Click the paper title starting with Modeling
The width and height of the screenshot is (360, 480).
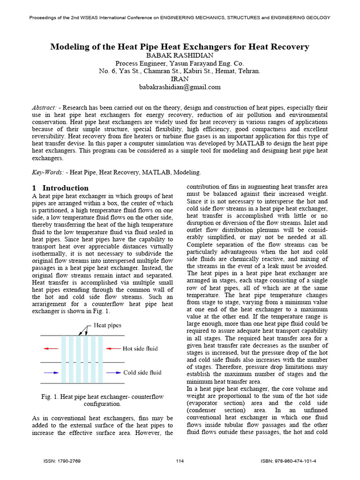[180, 47]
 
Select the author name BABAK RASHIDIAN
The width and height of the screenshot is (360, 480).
[180, 55]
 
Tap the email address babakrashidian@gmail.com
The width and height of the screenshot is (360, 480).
[180, 87]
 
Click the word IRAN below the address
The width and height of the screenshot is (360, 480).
[180, 79]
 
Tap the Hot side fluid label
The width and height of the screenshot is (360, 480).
[140, 348]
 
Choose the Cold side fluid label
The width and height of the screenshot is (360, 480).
[142, 373]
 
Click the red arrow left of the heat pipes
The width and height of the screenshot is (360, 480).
[52, 348]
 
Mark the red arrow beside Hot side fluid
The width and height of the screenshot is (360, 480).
[113, 348]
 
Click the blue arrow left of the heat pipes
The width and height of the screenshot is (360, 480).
[52, 373]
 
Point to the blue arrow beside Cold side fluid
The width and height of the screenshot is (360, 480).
[113, 373]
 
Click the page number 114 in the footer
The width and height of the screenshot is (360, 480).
[180, 461]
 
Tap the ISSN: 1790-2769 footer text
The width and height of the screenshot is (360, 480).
[62, 461]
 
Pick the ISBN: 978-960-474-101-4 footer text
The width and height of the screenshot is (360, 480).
[288, 461]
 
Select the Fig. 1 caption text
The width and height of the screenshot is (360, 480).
[102, 400]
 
